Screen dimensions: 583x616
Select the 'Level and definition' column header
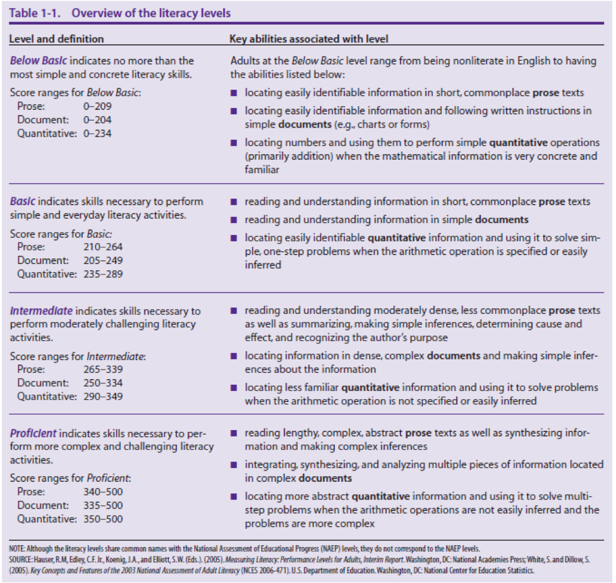[x=56, y=39]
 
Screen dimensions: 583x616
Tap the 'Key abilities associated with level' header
[x=308, y=39]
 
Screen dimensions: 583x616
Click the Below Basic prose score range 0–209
[x=97, y=106]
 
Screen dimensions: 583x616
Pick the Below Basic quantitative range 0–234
[x=97, y=134]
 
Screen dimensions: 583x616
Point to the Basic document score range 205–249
[x=103, y=260]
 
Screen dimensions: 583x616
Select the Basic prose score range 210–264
[x=103, y=246]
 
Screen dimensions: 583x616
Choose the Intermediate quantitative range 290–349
[x=103, y=397]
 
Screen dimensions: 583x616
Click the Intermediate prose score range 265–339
[x=103, y=369]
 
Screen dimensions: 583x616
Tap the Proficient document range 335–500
[x=103, y=505]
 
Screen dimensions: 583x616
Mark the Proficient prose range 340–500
[x=103, y=491]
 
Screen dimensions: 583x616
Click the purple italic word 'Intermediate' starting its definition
[x=41, y=311]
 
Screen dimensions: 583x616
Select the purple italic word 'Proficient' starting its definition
[x=33, y=433]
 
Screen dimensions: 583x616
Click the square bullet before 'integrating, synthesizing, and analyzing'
[x=234, y=465]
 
